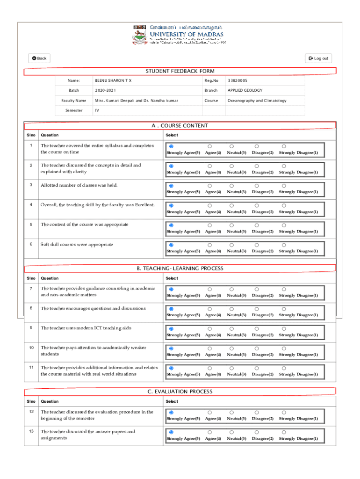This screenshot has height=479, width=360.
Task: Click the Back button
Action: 39,58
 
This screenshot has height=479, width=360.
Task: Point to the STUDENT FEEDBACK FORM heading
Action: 180,71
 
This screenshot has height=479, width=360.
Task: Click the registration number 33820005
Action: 237,80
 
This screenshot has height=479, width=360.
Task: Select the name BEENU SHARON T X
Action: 113,80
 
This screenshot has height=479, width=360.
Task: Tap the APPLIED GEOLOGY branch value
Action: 245,90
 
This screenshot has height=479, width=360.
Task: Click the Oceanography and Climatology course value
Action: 257,101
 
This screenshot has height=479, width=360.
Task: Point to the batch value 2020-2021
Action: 105,90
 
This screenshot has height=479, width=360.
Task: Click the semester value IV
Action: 97,110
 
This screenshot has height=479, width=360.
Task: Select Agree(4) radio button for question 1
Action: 209,146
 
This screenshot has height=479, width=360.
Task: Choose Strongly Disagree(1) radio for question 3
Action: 284,186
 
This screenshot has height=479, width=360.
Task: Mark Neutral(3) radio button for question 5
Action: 231,225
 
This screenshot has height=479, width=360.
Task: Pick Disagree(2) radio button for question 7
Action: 256,289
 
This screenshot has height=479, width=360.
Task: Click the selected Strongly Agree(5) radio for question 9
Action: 171,329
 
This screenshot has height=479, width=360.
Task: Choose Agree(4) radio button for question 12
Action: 209,412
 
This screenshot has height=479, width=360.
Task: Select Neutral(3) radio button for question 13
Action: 231,432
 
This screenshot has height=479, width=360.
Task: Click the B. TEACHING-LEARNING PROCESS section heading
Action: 180,269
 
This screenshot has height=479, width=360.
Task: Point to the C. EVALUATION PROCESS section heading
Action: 180,392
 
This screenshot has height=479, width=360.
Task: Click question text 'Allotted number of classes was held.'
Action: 79,185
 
